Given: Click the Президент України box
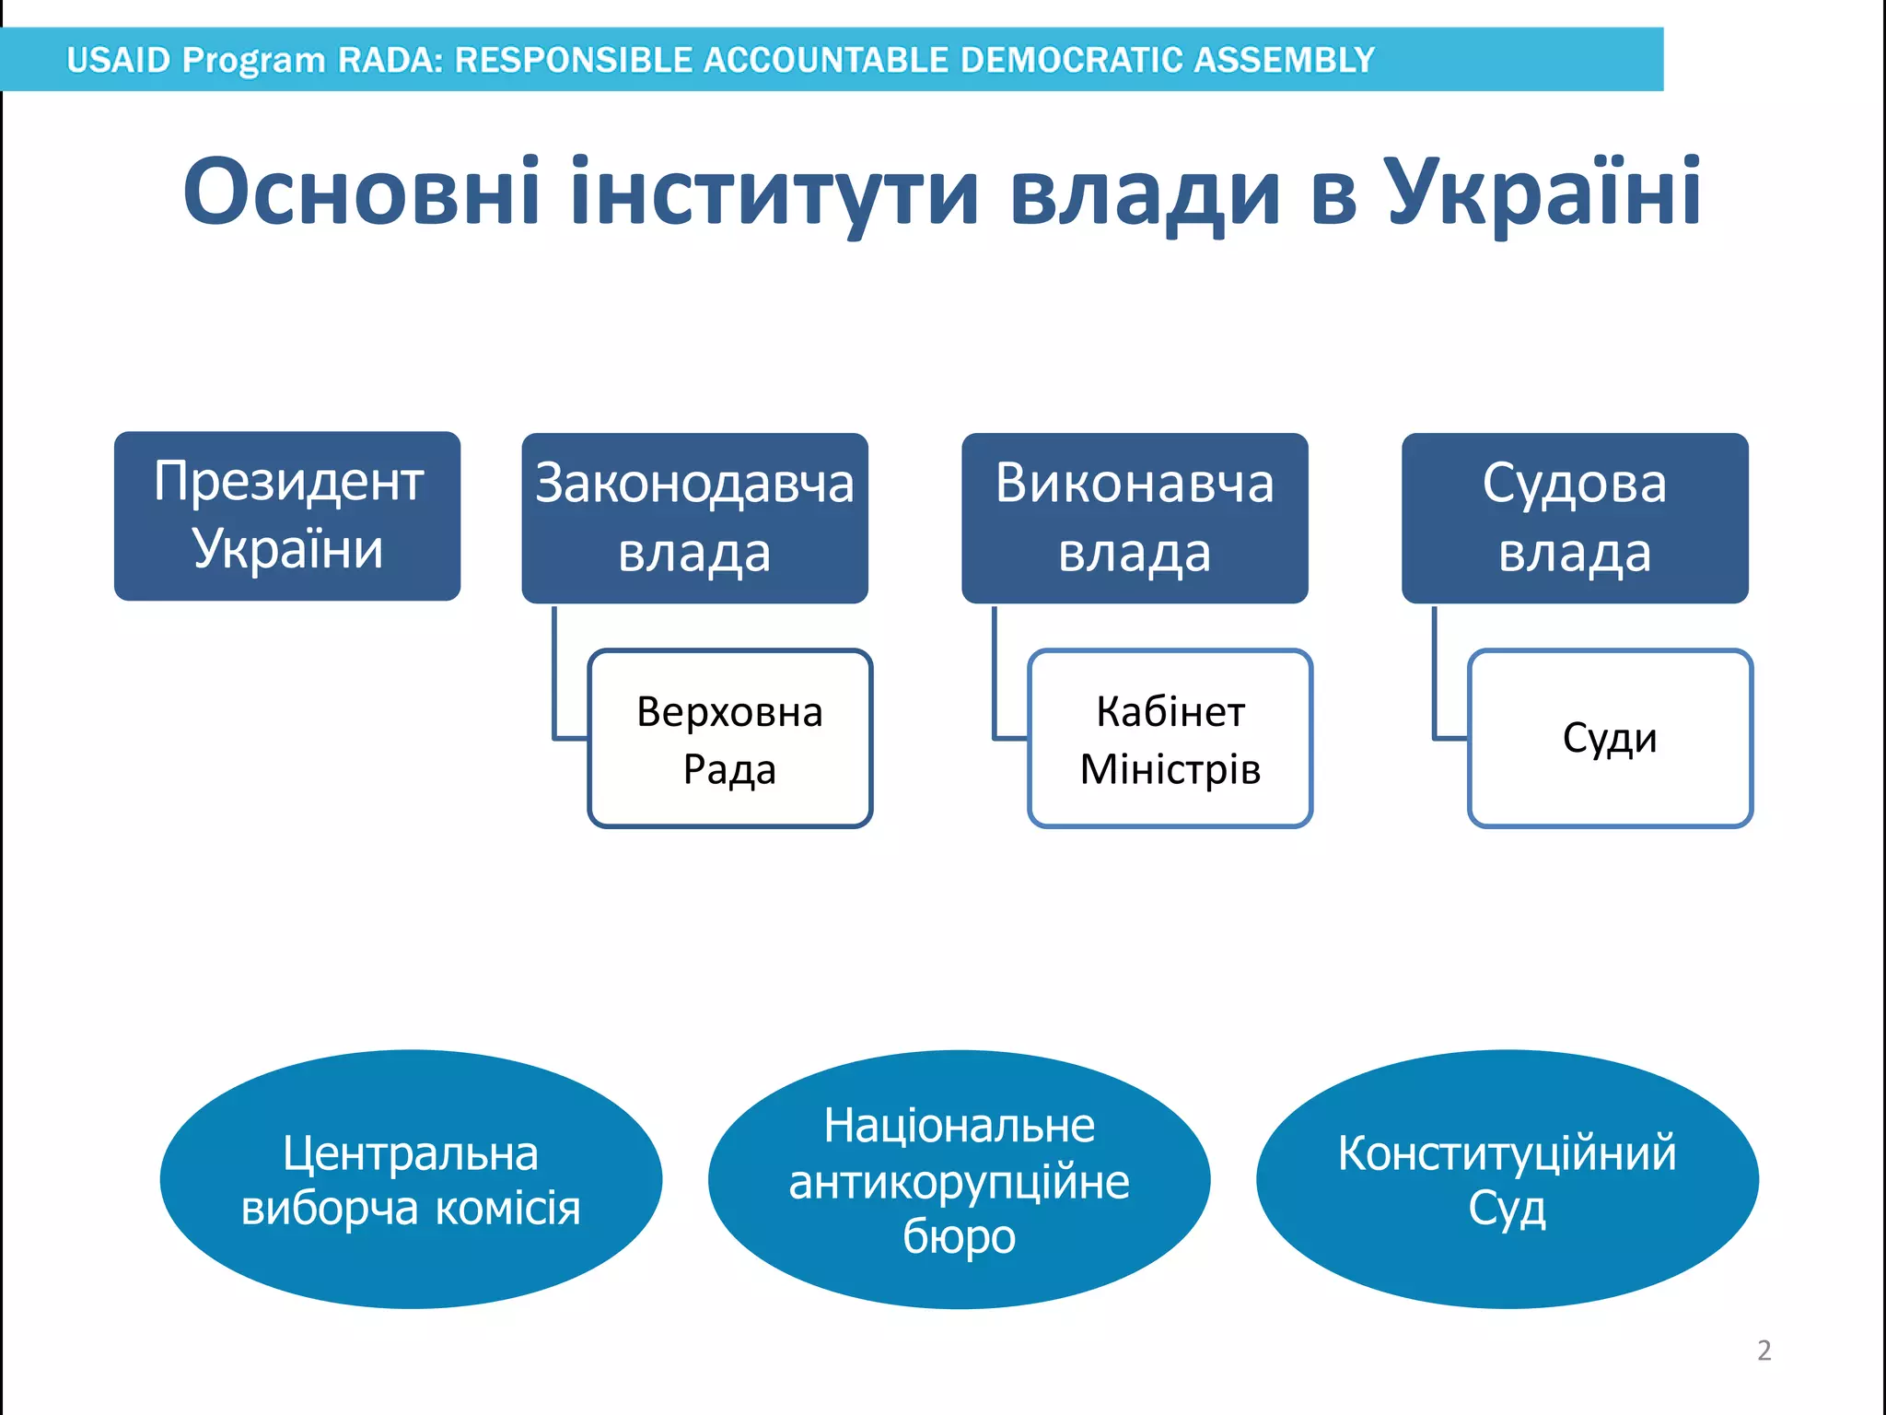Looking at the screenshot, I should pyautogui.click(x=287, y=516).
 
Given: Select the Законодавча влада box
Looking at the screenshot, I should pyautogui.click(x=694, y=518).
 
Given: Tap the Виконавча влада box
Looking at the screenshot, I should pyautogui.click(x=1135, y=518).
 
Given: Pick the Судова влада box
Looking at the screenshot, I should pyautogui.click(x=1575, y=518).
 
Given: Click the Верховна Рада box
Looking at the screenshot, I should pyautogui.click(x=729, y=739).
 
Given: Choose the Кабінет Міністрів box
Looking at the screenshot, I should pyautogui.click(x=1170, y=739).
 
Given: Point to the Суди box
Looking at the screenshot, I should pyautogui.click(x=1610, y=739).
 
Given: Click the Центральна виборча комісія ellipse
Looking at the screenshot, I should pyautogui.click(x=411, y=1179).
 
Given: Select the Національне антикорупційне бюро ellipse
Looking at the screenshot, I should pyautogui.click(x=959, y=1179).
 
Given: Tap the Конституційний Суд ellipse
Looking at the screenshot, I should pyautogui.click(x=1507, y=1179).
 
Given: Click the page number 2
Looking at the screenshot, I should pyautogui.click(x=1764, y=1351).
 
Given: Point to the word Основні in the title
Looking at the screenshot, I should pyautogui.click(x=361, y=192).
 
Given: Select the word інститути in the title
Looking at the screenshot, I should pyautogui.click(x=774, y=192).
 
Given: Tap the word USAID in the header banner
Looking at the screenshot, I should pyautogui.click(x=119, y=60).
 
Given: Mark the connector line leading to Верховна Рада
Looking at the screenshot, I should pyautogui.click(x=555, y=682).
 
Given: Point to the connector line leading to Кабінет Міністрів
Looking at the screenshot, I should pyautogui.click(x=995, y=682).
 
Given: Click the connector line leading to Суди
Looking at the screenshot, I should pyautogui.click(x=1436, y=682).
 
